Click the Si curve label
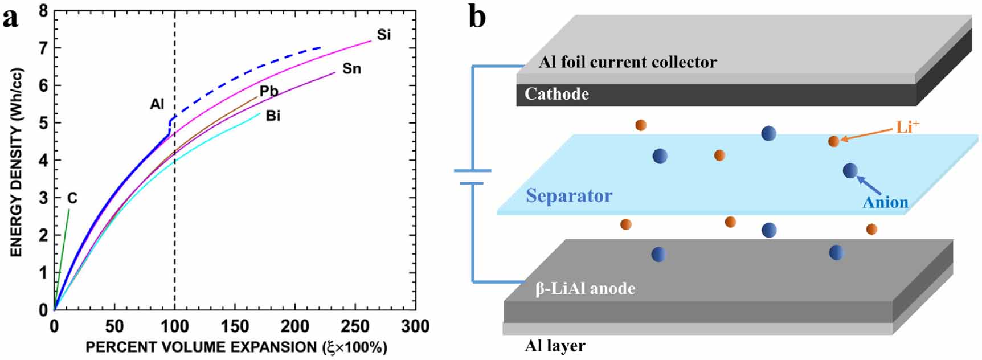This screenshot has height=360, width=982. (384, 35)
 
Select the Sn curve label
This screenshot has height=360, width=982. (351, 69)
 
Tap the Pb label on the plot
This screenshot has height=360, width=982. (268, 91)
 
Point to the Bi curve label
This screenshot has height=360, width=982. (273, 116)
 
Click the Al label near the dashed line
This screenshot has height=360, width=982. (157, 104)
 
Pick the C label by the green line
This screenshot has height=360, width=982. (72, 198)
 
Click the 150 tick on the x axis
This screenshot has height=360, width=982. (235, 326)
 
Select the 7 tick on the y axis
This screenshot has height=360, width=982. (43, 48)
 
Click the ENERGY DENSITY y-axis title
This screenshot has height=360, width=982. (16, 162)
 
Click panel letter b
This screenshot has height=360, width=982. (477, 17)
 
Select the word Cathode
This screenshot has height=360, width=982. (557, 94)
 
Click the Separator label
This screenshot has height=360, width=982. (568, 195)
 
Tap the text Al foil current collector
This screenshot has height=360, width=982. (628, 62)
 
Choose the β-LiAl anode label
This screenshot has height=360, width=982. (585, 289)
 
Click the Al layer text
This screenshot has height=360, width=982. (555, 346)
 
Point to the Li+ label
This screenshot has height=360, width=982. (907, 126)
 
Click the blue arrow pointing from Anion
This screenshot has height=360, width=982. (869, 186)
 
